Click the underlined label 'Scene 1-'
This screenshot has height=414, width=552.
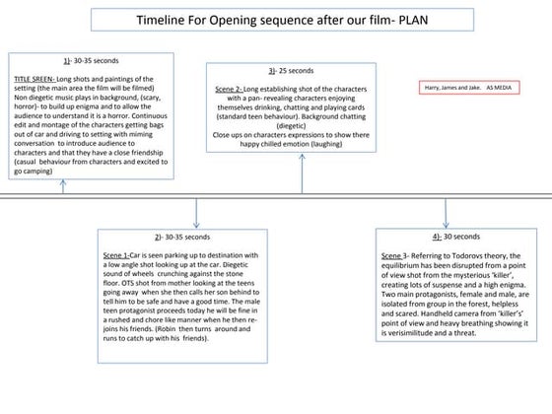tap(118, 254)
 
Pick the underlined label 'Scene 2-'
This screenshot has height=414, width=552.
tap(231, 88)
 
